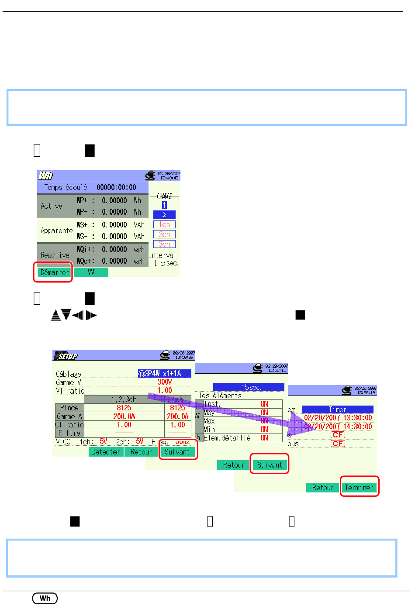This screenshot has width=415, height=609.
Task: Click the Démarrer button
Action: pyautogui.click(x=54, y=272)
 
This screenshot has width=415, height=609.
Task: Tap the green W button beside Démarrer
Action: pyautogui.click(x=91, y=272)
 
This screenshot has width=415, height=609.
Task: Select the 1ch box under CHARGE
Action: pyautogui.click(x=164, y=224)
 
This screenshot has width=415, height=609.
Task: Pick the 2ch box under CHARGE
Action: pyautogui.click(x=164, y=234)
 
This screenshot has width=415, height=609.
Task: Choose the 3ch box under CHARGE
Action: pyautogui.click(x=164, y=244)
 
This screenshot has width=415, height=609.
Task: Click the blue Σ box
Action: pyautogui.click(x=164, y=214)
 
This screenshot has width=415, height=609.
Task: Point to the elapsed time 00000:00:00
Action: pyautogui.click(x=116, y=187)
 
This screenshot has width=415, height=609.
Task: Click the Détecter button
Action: pyautogui.click(x=106, y=452)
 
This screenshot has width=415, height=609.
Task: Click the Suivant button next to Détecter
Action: pyautogui.click(x=177, y=452)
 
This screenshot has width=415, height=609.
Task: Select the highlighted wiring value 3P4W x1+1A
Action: pyautogui.click(x=165, y=374)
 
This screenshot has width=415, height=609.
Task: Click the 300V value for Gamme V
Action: pyautogui.click(x=165, y=382)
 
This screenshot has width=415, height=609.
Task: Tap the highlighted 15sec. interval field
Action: pyautogui.click(x=249, y=387)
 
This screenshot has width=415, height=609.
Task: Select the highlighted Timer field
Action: pyautogui.click(x=338, y=409)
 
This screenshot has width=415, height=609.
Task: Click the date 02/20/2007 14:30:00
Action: pyautogui.click(x=338, y=427)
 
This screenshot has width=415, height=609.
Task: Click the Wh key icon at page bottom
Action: pyautogui.click(x=45, y=598)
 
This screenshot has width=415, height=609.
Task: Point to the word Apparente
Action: pyautogui.click(x=57, y=231)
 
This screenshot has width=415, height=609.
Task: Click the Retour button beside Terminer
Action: pyautogui.click(x=323, y=488)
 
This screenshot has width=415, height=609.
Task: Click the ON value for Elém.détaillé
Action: pyautogui.click(x=265, y=438)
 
